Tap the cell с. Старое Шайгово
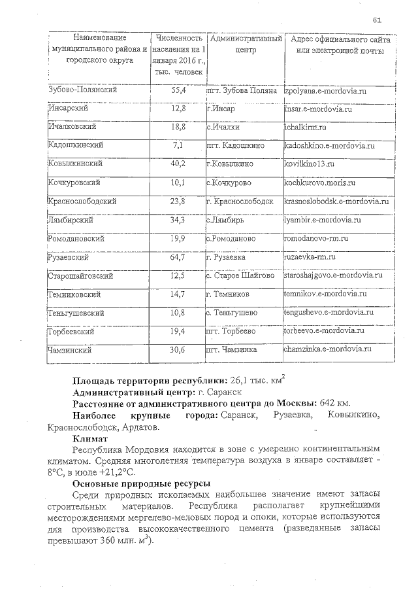240,276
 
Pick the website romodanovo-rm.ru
316,239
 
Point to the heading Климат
91,439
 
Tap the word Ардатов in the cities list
139,427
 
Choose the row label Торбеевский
71,332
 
